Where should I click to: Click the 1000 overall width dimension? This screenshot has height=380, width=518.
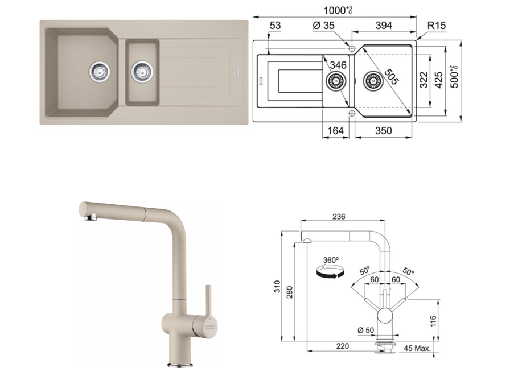click(x=338, y=11)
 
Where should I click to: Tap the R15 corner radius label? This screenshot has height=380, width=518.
click(x=436, y=26)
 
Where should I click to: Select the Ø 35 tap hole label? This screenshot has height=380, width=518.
click(x=323, y=26)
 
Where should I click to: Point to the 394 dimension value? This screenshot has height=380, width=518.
click(x=384, y=26)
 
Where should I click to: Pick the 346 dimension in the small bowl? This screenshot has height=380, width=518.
click(x=338, y=65)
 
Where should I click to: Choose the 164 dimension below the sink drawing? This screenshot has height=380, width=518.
click(x=335, y=131)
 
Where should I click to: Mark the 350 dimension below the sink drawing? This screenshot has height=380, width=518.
click(x=383, y=131)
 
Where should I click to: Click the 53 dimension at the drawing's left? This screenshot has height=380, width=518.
click(x=275, y=26)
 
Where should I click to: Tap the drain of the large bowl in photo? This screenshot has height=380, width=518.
click(x=99, y=71)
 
